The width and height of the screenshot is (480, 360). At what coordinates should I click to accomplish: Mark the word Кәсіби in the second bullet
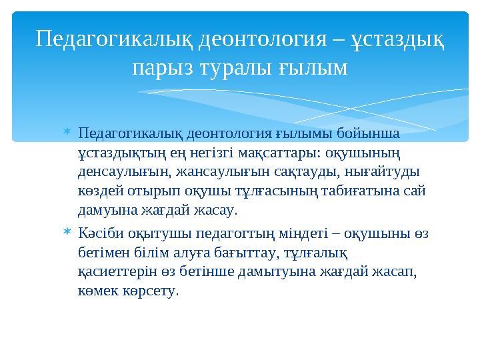click(100, 233)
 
